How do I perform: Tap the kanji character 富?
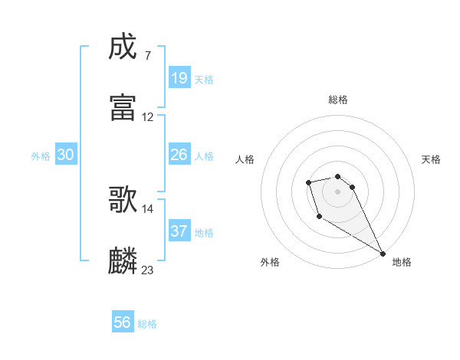pos(123,107)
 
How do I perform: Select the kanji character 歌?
pos(123,198)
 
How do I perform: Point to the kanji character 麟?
pos(123,260)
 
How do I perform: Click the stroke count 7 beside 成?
pos(147,56)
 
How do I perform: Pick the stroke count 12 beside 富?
pos(148,117)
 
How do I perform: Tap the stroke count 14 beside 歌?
pos(148,208)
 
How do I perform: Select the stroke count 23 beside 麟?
pos(148,270)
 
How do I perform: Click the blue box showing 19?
pos(179,78)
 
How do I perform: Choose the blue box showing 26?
pos(179,155)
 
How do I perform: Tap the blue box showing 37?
pos(179,231)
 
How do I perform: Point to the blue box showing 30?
pos(66,155)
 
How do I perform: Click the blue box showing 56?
pos(123,322)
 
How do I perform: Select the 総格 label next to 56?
pos(147,324)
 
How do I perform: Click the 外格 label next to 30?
pos(41,156)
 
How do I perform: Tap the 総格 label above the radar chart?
pos(338,100)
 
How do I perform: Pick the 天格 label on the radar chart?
pos(432,159)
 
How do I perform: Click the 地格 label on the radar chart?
pos(402,262)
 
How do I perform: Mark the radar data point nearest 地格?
pos(383,254)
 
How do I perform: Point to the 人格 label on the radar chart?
pos(245,159)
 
